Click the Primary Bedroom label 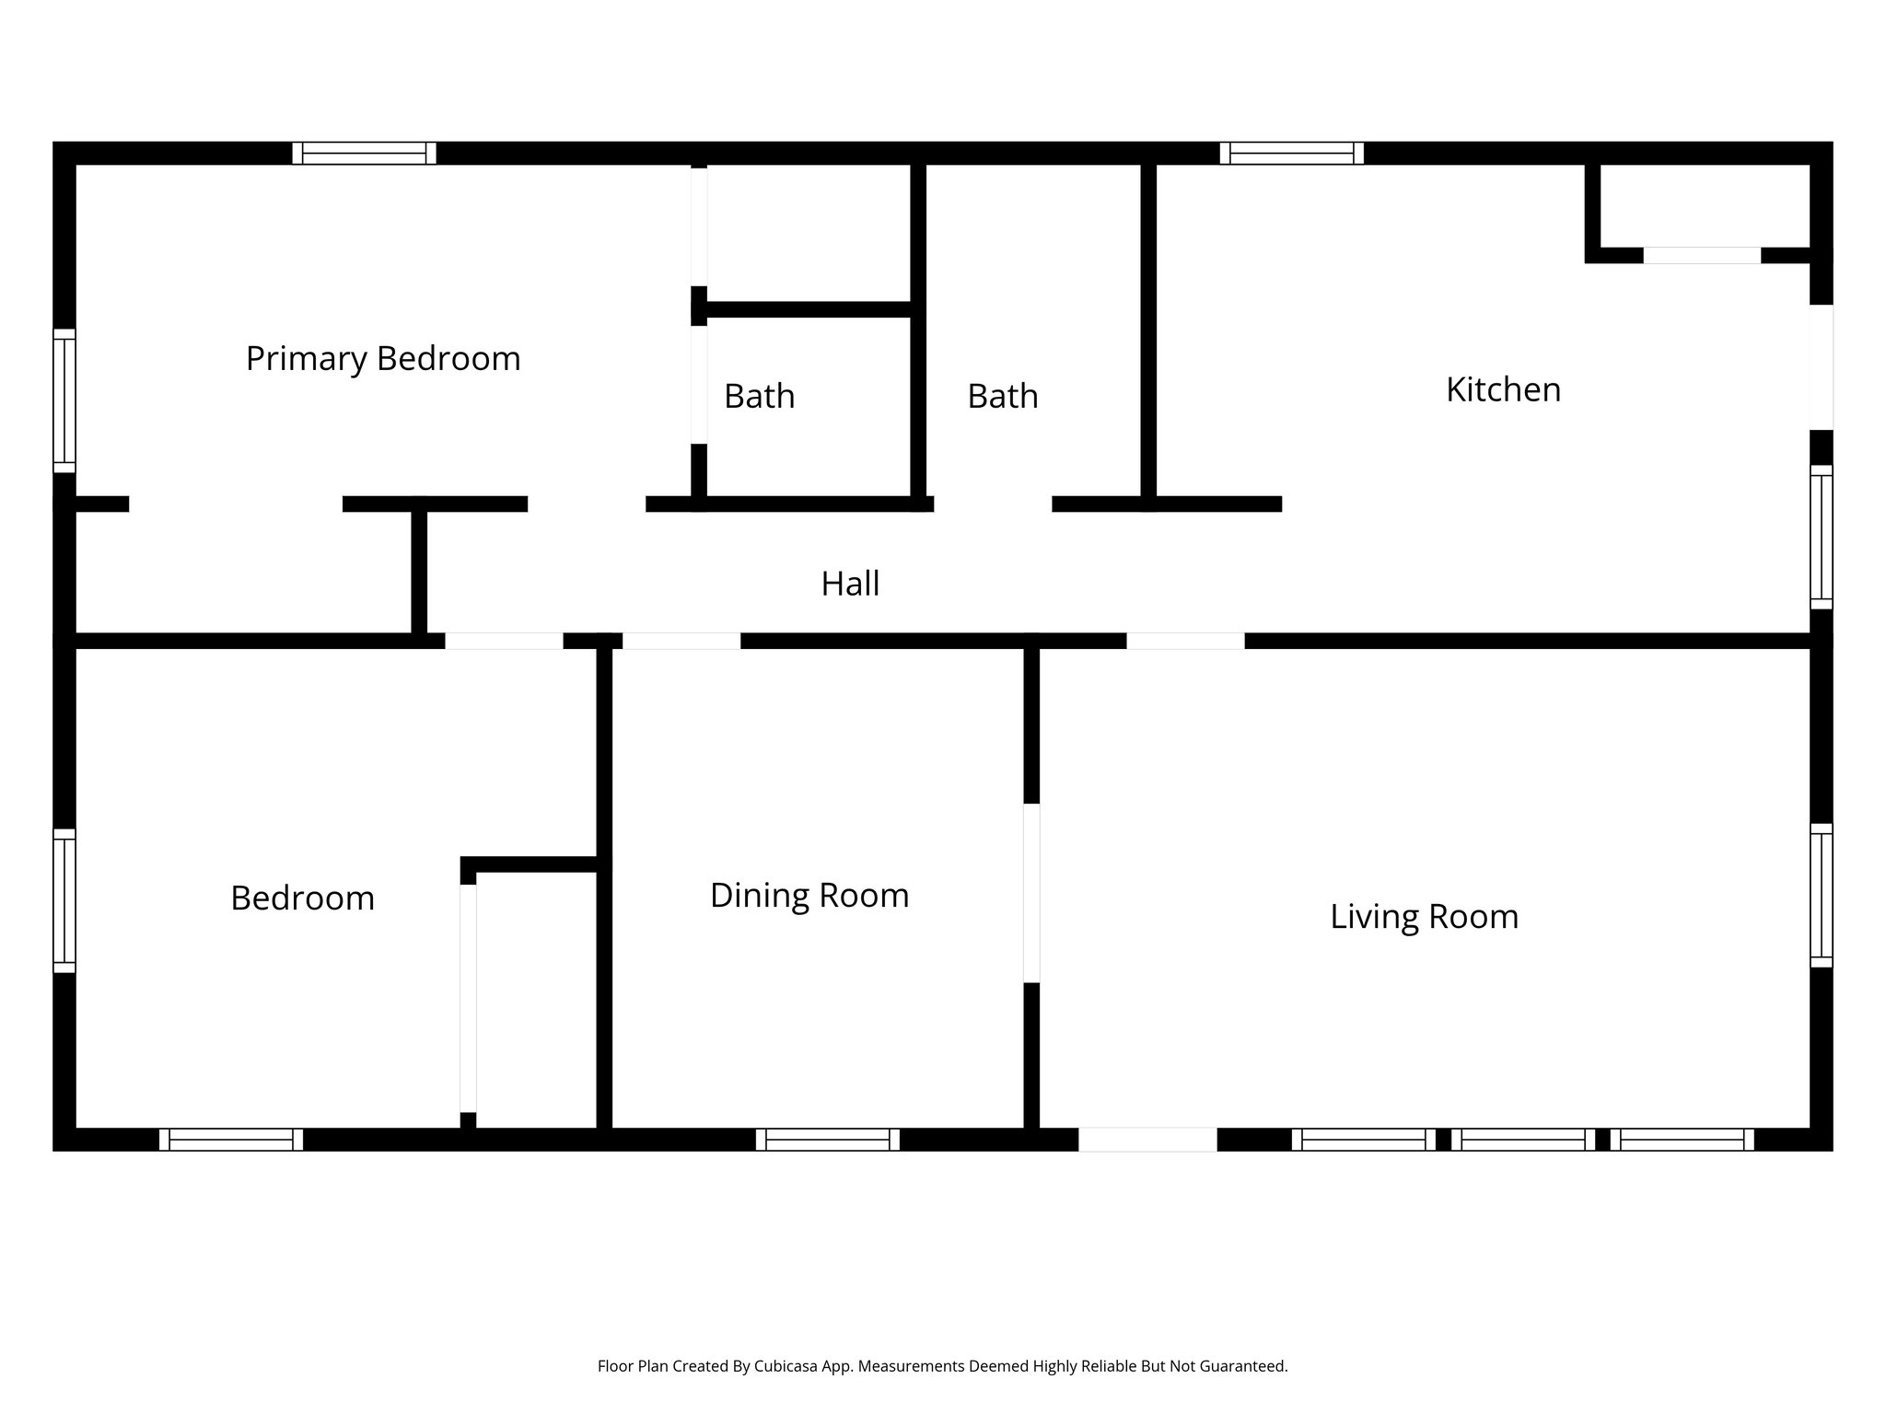(383, 358)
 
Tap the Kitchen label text (1503, 389)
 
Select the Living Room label (1424, 917)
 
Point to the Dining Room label (809, 896)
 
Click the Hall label (850, 584)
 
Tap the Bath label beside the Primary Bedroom (759, 396)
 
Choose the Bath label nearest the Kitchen (1002, 396)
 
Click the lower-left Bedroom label (302, 898)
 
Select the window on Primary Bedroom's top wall (364, 153)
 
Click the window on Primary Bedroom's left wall (64, 400)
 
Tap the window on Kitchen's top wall (1291, 153)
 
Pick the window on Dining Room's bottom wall (827, 1140)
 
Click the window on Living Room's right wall (1821, 895)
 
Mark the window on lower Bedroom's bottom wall (231, 1140)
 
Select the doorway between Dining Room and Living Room (1031, 893)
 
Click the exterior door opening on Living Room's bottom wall (1147, 1140)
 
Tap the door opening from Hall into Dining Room (681, 641)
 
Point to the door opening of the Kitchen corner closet (1702, 255)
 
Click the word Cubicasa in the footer (785, 1366)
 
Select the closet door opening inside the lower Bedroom (468, 998)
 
